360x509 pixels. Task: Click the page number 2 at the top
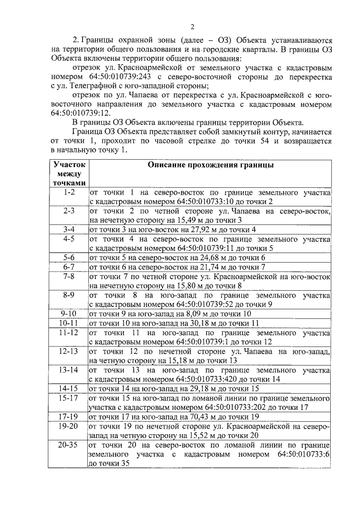[x=192, y=26]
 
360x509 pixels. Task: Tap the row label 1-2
[x=69, y=192]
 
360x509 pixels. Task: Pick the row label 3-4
[x=69, y=229]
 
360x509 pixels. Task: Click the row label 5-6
[x=69, y=257]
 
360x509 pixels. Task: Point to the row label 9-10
[x=69, y=313]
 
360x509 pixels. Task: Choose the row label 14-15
[x=69, y=388]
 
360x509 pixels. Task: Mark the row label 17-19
[x=69, y=417]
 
